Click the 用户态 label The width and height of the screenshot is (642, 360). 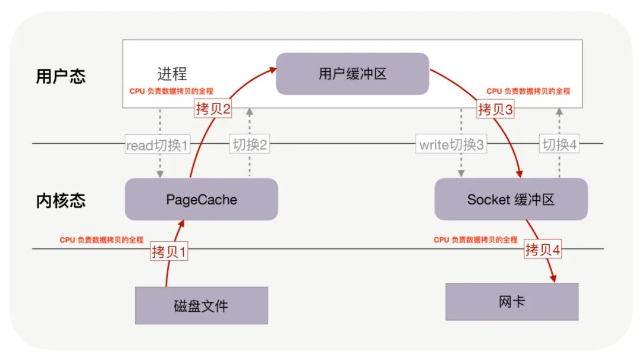pyautogui.click(x=61, y=77)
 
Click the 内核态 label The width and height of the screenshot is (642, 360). pyautogui.click(x=61, y=200)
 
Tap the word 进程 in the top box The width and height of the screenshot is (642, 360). pyautogui.click(x=172, y=74)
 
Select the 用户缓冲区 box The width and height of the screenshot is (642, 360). pyautogui.click(x=353, y=74)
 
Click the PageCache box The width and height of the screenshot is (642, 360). pyautogui.click(x=201, y=200)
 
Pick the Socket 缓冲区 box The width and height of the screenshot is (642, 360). pyautogui.click(x=511, y=200)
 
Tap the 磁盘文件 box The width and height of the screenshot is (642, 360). pyautogui.click(x=201, y=306)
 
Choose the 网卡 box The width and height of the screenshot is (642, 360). pyautogui.click(x=512, y=302)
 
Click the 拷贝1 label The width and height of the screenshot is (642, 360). pyautogui.click(x=169, y=252)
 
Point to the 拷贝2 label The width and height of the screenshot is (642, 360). pyautogui.click(x=212, y=109)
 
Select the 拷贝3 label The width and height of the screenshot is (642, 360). pyautogui.click(x=495, y=109)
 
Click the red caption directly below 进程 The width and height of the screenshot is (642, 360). pyautogui.click(x=171, y=91)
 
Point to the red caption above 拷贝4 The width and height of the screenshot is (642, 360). pyautogui.click(x=476, y=240)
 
